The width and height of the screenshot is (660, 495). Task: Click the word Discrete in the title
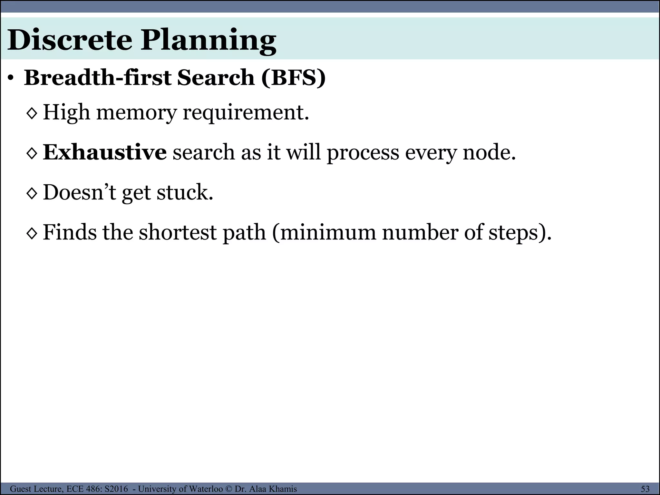(70, 40)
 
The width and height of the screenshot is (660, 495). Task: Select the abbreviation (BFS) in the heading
(293, 78)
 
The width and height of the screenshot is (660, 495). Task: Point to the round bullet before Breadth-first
(11, 78)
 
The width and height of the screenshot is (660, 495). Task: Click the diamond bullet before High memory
(32, 113)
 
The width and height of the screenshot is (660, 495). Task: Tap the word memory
(137, 113)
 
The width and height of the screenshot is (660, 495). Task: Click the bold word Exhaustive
(105, 152)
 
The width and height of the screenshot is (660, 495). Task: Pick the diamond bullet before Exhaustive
(32, 153)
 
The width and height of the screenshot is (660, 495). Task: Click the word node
(489, 152)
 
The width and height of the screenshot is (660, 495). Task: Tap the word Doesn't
(79, 192)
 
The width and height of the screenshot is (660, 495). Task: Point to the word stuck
(185, 192)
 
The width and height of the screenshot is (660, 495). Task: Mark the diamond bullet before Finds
(32, 233)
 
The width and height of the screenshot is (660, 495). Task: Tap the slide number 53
(645, 489)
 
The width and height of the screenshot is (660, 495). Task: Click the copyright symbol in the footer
(229, 489)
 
